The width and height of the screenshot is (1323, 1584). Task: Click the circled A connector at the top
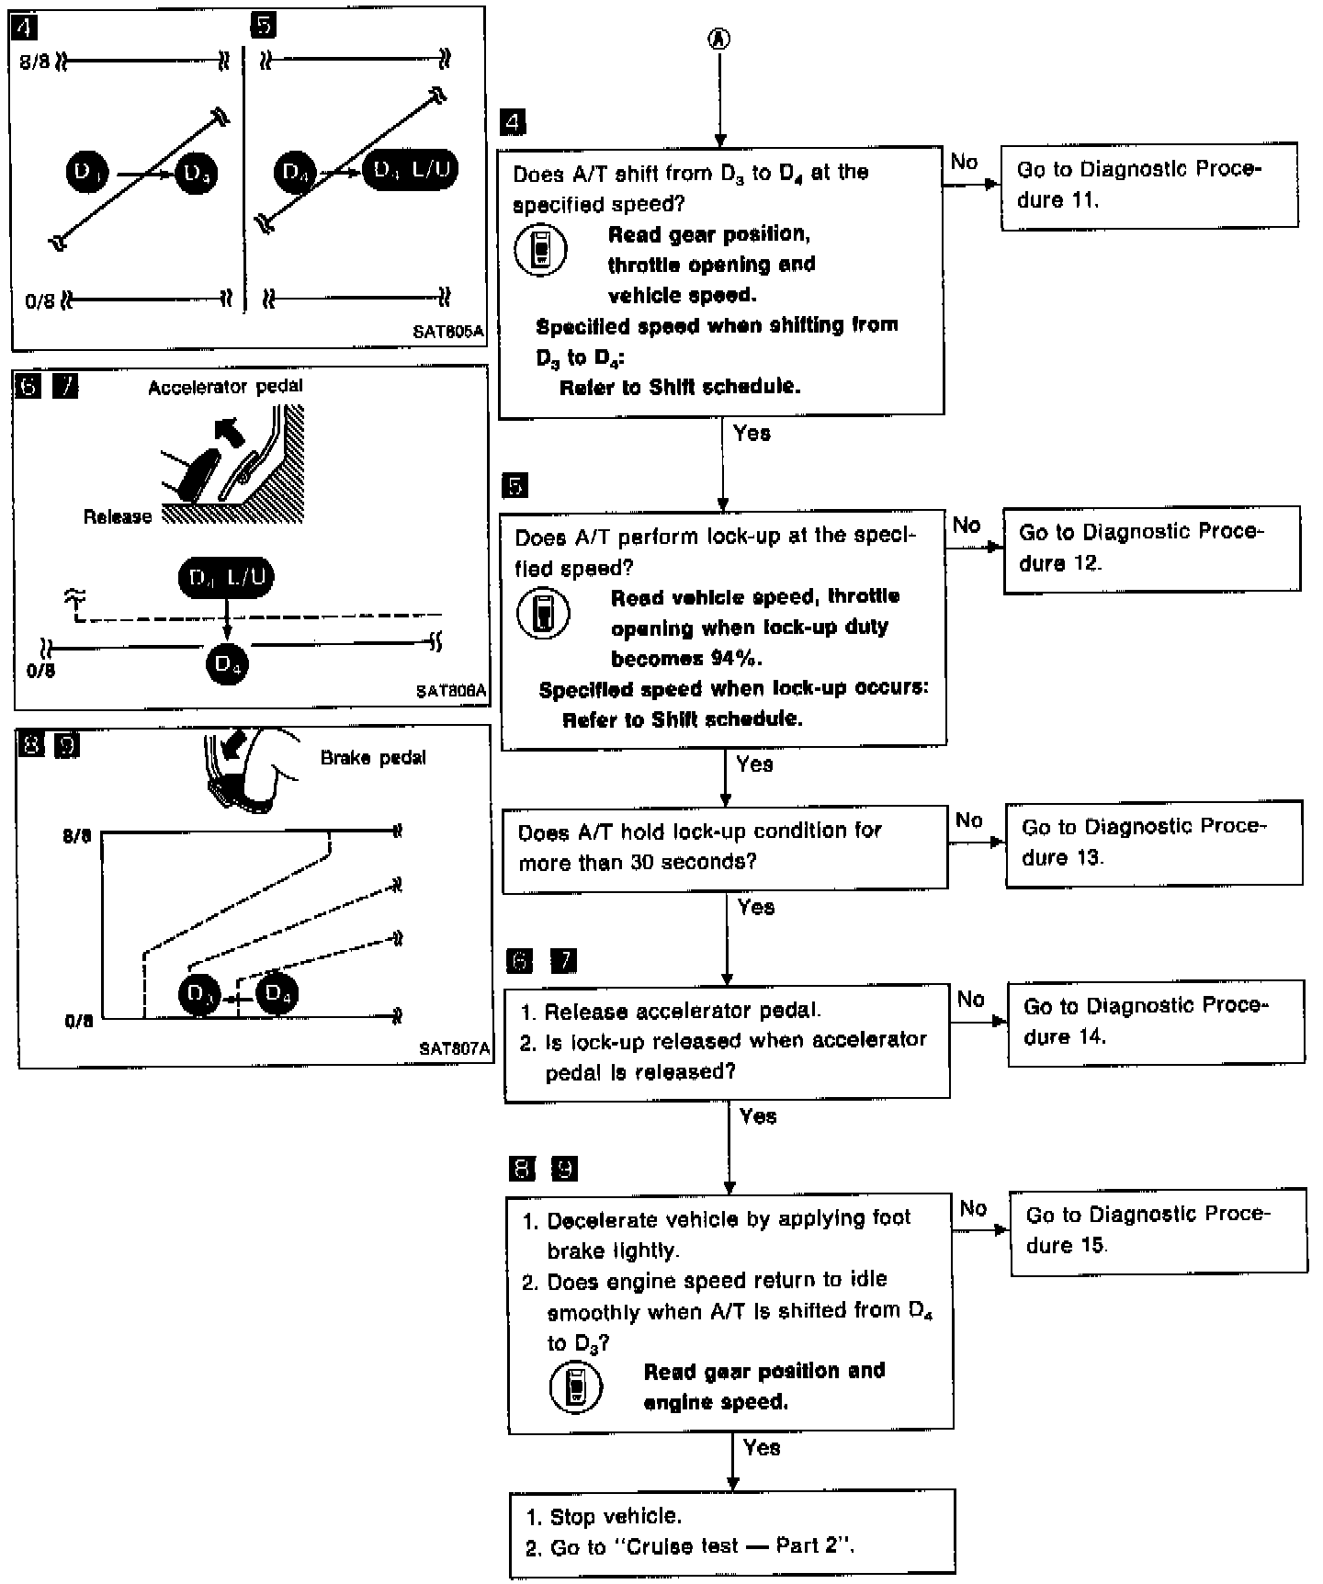click(719, 38)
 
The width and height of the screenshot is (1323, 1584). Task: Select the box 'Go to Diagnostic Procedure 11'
click(1148, 185)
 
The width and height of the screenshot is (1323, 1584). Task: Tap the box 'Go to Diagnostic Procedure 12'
click(1151, 549)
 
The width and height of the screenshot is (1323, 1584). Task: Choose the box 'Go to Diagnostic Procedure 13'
click(1154, 843)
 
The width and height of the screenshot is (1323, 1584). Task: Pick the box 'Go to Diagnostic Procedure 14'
click(1156, 1023)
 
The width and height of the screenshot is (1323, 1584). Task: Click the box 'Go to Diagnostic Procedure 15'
click(1159, 1231)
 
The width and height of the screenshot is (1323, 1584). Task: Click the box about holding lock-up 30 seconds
click(724, 847)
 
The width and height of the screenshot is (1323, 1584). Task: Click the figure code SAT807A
click(454, 1048)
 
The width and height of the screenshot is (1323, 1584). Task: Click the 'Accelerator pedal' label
click(225, 387)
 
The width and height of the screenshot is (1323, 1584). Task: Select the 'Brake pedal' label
click(373, 758)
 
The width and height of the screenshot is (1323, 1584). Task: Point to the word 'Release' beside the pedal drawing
click(117, 517)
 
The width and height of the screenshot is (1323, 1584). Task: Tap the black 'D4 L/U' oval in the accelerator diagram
click(226, 578)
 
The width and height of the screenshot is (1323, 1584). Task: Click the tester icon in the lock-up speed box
click(543, 615)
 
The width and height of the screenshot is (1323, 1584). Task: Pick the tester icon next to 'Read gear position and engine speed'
click(576, 1387)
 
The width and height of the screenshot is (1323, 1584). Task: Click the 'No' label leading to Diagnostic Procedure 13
click(969, 820)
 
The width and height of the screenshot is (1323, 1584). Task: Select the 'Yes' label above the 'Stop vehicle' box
click(762, 1447)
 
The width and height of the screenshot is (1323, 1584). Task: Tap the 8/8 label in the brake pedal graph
click(77, 838)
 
